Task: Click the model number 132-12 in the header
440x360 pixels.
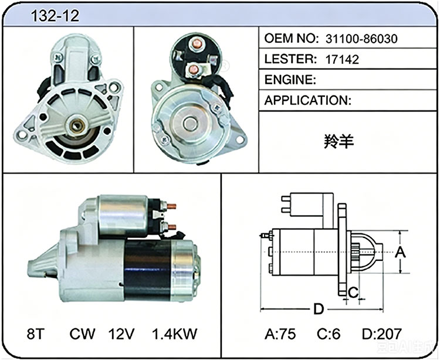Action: pos(55,16)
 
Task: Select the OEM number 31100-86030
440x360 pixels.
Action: pos(361,39)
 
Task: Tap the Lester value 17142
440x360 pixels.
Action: pos(342,59)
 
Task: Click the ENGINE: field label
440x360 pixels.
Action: pos(290,80)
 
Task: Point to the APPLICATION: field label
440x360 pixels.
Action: pos(308,100)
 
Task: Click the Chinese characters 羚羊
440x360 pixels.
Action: pos(339,141)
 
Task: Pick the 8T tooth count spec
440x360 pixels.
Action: pos(36,334)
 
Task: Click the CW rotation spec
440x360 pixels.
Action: pos(82,334)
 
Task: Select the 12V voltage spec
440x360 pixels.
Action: pos(121,334)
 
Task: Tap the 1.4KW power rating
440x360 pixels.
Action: pos(175,334)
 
